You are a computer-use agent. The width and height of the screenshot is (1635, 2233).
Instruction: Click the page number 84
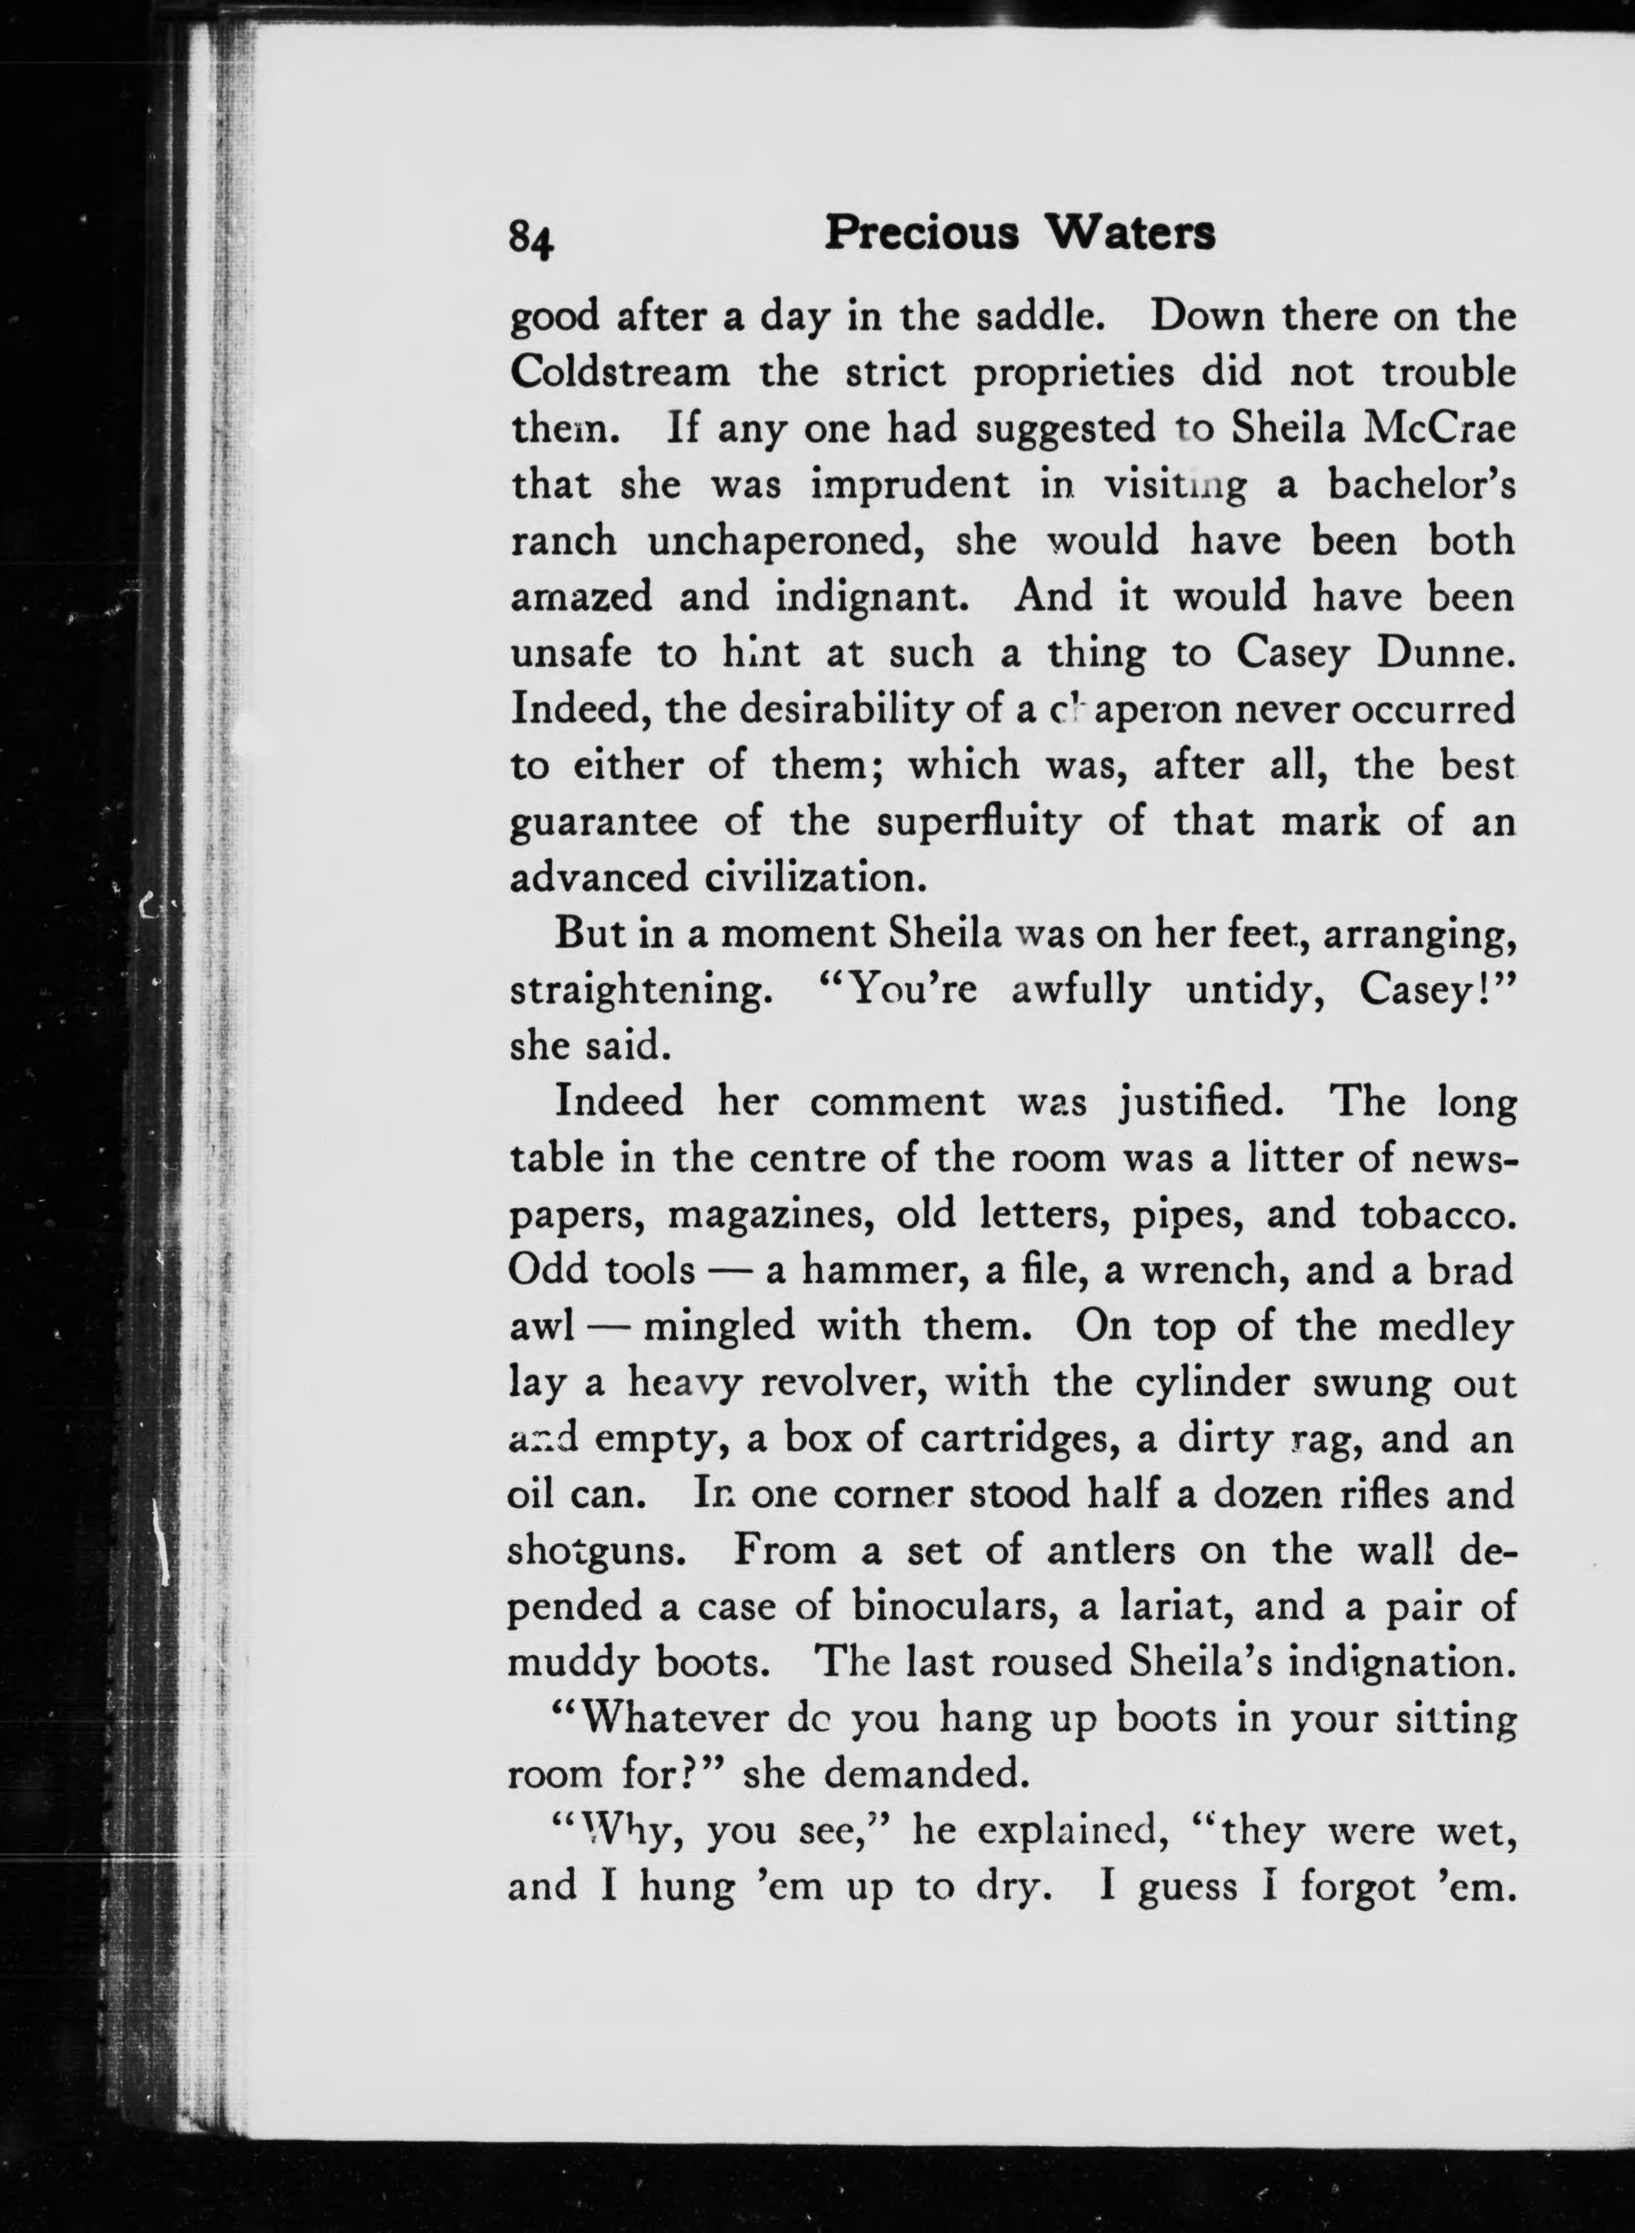[x=531, y=238]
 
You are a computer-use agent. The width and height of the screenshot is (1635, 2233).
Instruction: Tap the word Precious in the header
[x=922, y=234]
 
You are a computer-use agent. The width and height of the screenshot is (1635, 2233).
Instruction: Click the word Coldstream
[x=620, y=373]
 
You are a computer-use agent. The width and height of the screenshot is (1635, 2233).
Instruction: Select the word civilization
[x=801, y=878]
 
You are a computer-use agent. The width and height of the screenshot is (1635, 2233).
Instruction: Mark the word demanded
[x=923, y=1773]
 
